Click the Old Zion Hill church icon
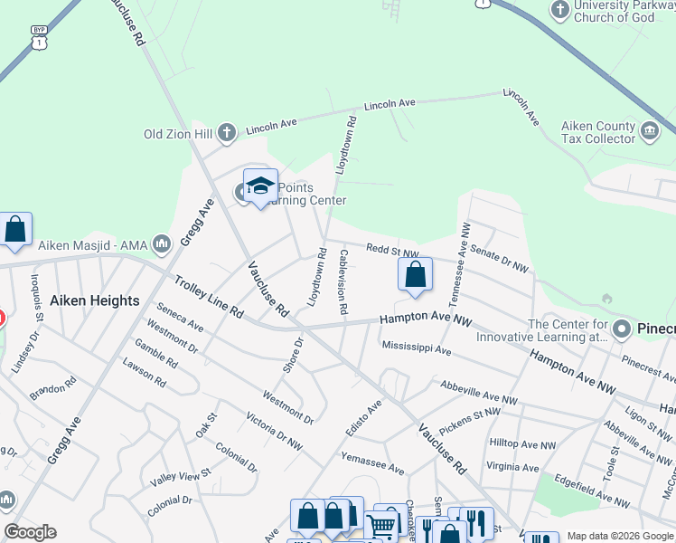(226, 134)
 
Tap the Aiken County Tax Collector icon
(649, 132)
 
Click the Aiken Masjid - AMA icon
(163, 243)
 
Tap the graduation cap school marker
(260, 186)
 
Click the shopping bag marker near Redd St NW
(415, 275)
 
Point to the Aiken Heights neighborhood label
(95, 300)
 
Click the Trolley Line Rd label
(209, 296)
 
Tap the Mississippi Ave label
(416, 348)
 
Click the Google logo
(30, 532)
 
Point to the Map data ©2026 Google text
(620, 536)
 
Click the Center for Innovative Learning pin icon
(621, 329)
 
